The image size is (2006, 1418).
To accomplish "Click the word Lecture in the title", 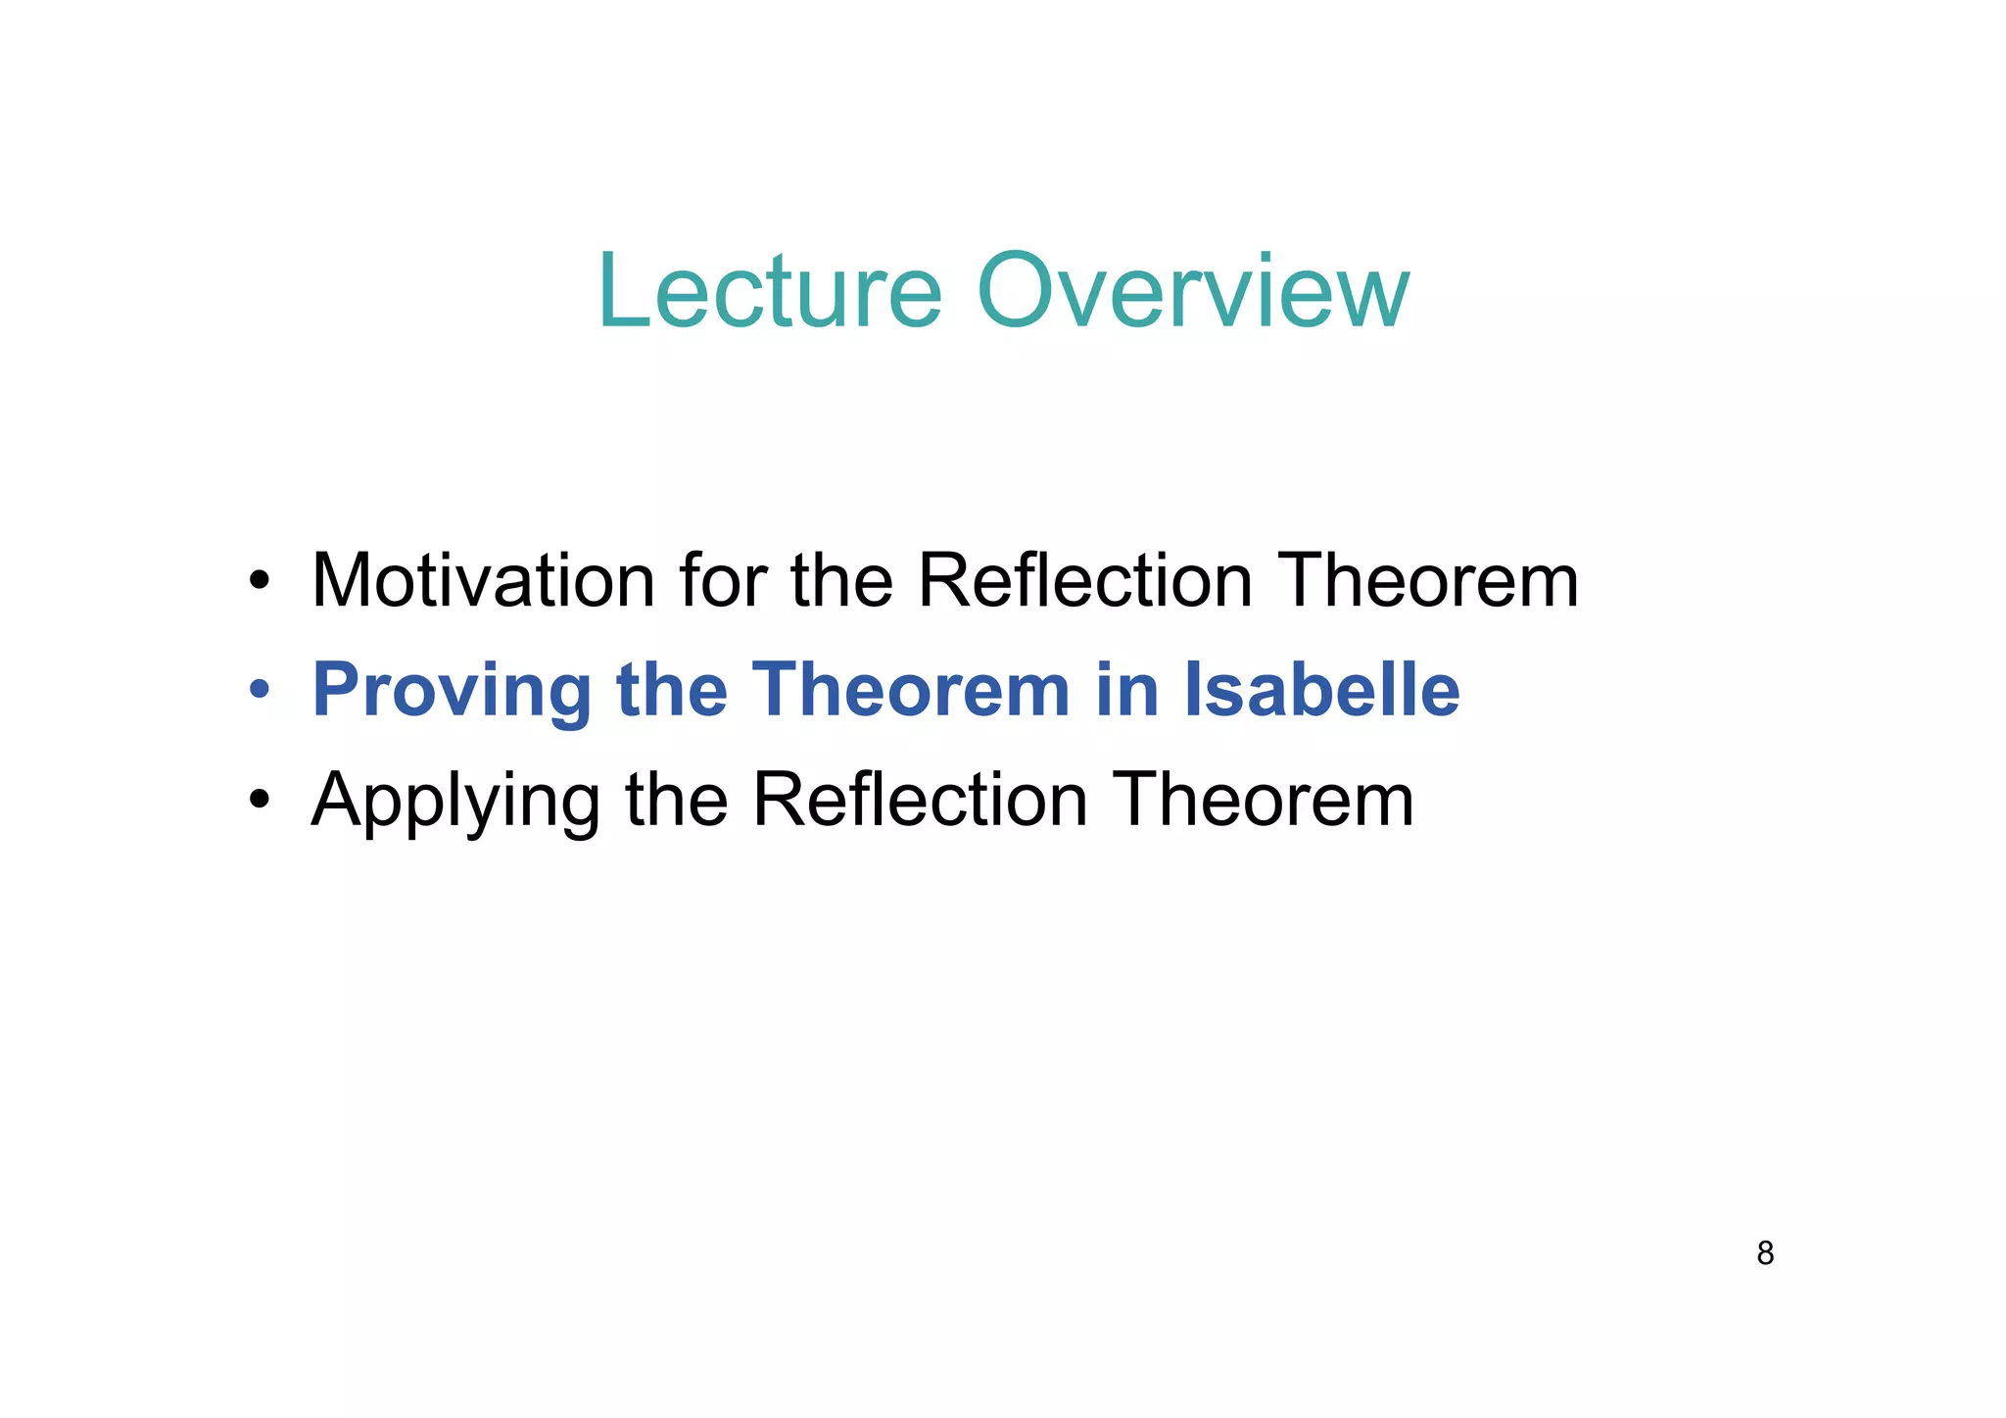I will click(x=770, y=292).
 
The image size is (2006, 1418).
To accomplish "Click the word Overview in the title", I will click(x=1193, y=292).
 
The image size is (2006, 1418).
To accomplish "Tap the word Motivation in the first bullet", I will click(x=482, y=581).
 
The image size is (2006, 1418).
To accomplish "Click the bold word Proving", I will click(x=451, y=691).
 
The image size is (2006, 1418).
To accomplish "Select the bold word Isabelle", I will click(x=1322, y=691).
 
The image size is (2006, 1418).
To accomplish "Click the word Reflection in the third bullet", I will click(x=920, y=801).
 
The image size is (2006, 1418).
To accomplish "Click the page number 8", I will click(x=1765, y=1253).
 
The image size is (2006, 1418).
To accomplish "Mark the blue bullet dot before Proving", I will click(x=259, y=691).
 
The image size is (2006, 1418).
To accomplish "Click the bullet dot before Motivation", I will click(x=259, y=582).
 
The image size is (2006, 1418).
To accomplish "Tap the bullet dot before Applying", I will click(x=259, y=801).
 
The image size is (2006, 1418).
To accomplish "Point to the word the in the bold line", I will click(x=672, y=691).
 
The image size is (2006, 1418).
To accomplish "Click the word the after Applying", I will click(x=676, y=801).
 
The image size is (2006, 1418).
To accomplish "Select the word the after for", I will click(x=841, y=581).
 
